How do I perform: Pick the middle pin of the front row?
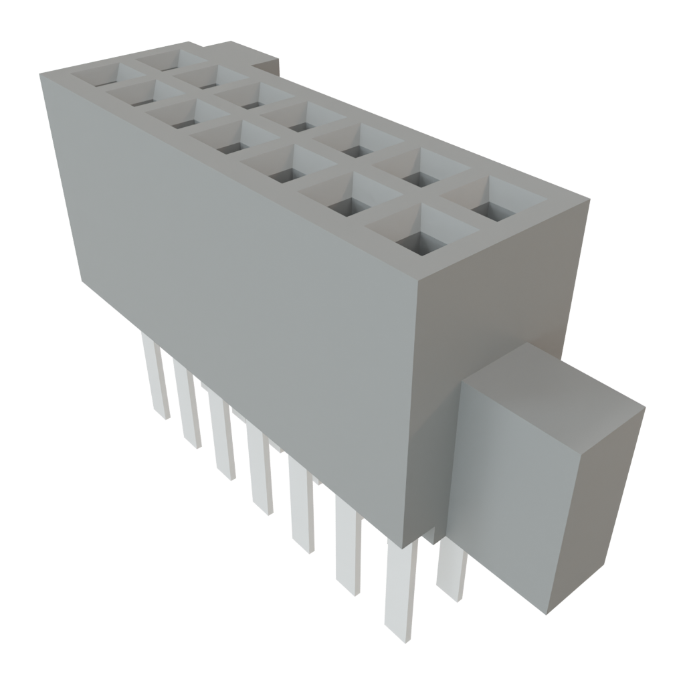pyautogui.click(x=261, y=468)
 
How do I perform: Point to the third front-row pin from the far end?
pyautogui.click(x=224, y=435)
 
